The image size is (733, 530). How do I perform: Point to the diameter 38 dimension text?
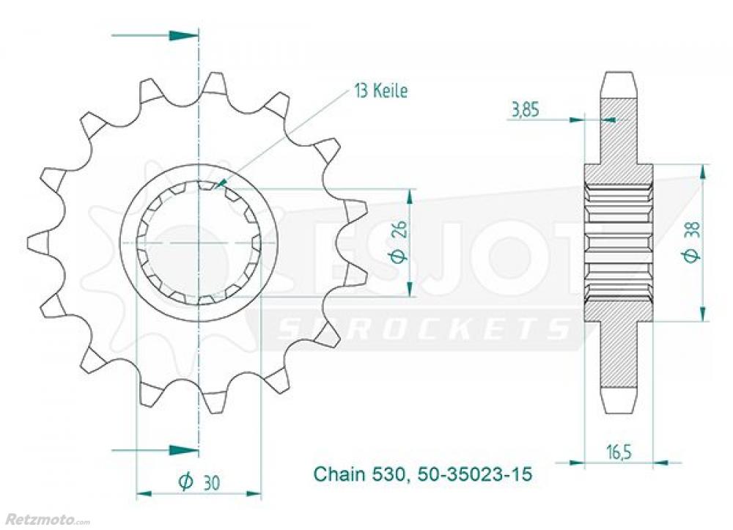point(693,243)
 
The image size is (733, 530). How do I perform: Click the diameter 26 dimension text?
point(402,243)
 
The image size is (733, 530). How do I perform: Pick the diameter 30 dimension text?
point(199,482)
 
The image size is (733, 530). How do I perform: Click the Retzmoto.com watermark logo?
point(45,520)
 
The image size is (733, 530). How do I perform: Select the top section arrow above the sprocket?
point(155,35)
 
